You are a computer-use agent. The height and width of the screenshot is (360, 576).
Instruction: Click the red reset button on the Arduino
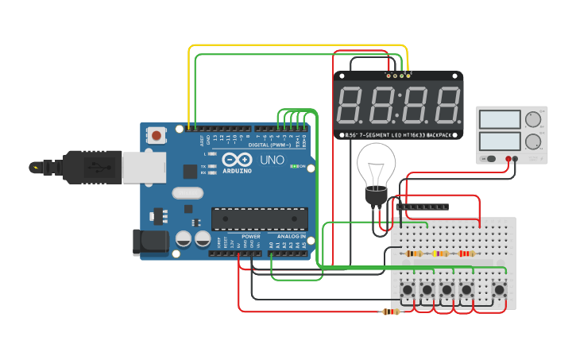point(157,136)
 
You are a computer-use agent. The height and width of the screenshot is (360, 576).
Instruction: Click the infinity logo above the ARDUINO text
point(237,158)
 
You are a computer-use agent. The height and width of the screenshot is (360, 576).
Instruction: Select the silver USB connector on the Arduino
point(143,166)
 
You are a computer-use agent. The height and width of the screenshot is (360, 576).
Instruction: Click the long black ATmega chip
point(259,219)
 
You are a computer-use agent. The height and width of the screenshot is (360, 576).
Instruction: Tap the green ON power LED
point(294,166)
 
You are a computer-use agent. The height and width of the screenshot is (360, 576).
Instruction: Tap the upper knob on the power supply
point(533,120)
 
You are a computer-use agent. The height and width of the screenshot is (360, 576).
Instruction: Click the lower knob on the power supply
point(533,141)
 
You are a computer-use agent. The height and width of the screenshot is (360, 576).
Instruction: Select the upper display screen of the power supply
point(500,120)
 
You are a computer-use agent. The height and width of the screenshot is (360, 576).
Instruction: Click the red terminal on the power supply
point(507,159)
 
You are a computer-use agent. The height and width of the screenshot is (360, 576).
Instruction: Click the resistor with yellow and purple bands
point(439,254)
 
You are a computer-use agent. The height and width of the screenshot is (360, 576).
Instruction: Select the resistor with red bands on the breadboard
point(466,254)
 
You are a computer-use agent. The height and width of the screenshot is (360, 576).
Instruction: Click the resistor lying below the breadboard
point(390,312)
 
